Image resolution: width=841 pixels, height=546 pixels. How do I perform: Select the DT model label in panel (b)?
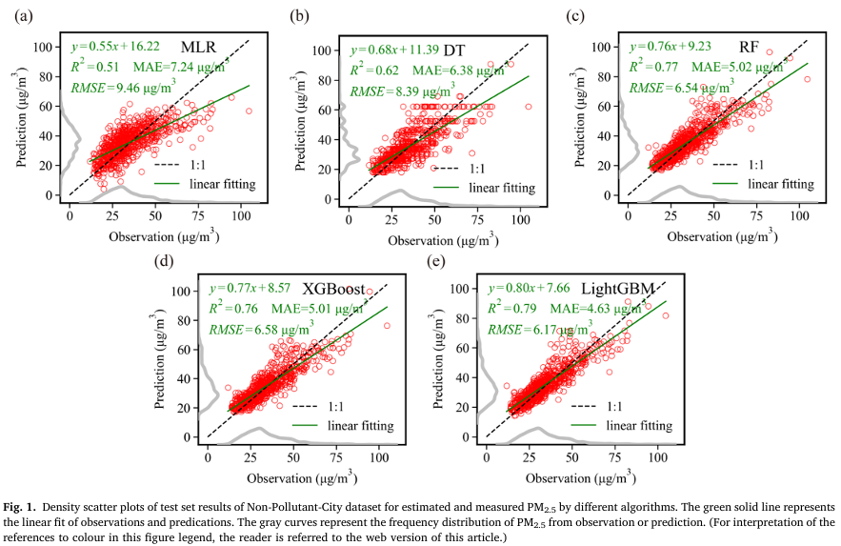tap(454, 50)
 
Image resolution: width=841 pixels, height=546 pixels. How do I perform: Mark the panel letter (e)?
tap(437, 261)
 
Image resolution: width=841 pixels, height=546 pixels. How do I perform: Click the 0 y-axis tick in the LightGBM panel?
tap(472, 436)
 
